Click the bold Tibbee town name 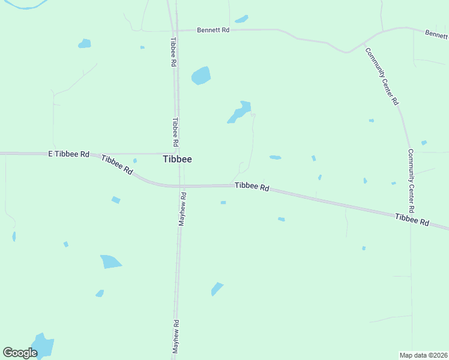click(x=178, y=160)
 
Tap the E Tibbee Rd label click(x=68, y=154)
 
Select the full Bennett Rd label click(x=214, y=29)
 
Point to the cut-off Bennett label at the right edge click(x=436, y=34)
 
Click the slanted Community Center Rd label click(x=382, y=76)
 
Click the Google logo click(x=20, y=352)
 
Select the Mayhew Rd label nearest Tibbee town click(x=182, y=208)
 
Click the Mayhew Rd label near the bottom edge click(x=176, y=336)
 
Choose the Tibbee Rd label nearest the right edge click(x=412, y=220)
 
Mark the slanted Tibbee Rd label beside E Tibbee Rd click(x=117, y=164)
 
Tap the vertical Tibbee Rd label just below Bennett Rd click(x=173, y=52)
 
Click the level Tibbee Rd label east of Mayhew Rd click(x=252, y=187)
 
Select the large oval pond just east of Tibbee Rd click(x=200, y=76)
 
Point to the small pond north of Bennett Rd click(x=241, y=19)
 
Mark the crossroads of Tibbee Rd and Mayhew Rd click(x=181, y=185)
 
